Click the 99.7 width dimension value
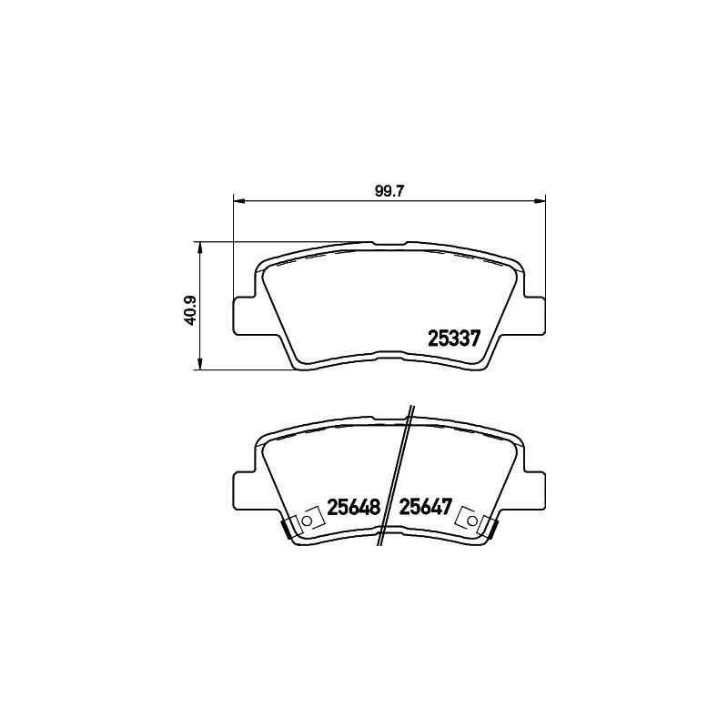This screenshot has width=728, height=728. click(x=389, y=191)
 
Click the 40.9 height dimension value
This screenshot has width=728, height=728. click(x=190, y=310)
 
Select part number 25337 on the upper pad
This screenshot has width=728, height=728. click(x=453, y=339)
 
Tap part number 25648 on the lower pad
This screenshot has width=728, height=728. click(x=354, y=507)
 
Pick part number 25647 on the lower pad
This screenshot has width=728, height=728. click(x=426, y=507)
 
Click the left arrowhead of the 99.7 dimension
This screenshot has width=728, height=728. click(x=238, y=200)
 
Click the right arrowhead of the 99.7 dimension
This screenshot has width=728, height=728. click(x=540, y=200)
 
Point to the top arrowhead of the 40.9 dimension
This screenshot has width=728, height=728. click(x=200, y=248)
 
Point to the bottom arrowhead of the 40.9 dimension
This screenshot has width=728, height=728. click(x=200, y=363)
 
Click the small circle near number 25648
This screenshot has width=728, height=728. click(x=307, y=521)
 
